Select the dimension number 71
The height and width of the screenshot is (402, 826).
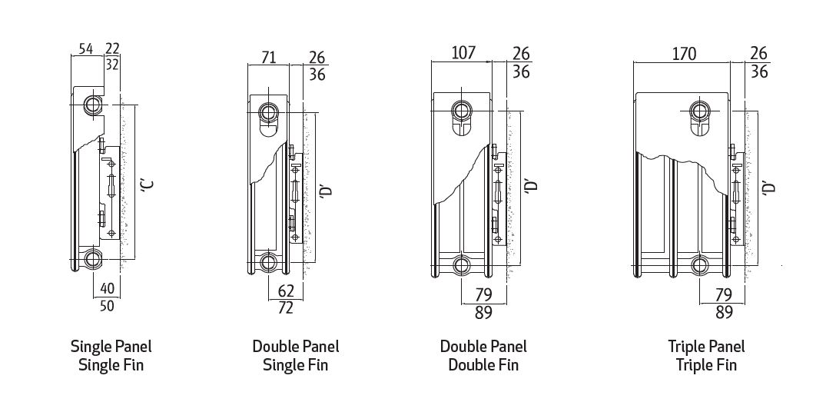tap(268, 56)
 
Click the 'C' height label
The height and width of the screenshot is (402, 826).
tap(148, 184)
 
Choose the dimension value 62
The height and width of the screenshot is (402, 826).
tap(285, 291)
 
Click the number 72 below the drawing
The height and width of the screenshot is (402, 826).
tap(285, 309)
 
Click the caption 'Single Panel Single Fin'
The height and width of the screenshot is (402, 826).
tap(111, 355)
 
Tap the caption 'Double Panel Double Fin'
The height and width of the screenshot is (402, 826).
tap(483, 355)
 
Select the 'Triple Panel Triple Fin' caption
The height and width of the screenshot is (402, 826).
tap(706, 355)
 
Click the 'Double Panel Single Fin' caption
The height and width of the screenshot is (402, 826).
tap(295, 355)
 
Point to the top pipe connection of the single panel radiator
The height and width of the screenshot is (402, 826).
tap(93, 104)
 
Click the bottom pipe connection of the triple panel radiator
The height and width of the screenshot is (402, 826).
tap(700, 266)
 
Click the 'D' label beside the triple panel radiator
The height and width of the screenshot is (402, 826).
tap(771, 187)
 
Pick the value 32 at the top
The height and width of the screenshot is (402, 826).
tap(112, 65)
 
